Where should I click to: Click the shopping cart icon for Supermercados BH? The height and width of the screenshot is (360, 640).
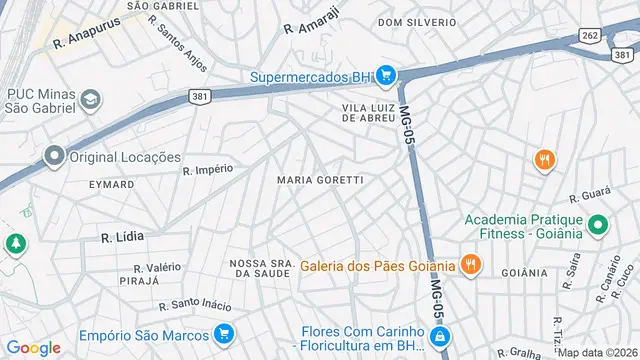pos(387,75)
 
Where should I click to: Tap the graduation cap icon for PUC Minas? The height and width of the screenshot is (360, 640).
pos(91,99)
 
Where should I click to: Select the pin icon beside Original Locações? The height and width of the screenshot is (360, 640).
pos(54,156)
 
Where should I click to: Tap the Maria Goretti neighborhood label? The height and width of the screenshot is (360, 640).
pos(319,180)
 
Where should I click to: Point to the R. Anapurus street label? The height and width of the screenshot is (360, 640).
pos(86,43)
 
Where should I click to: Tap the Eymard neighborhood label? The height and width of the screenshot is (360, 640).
pos(111,185)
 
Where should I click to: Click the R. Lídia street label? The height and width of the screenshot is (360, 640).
pos(122,237)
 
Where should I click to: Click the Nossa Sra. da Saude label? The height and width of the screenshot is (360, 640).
pos(262,268)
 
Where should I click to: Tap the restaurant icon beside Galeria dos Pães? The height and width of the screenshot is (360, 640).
pos(470,265)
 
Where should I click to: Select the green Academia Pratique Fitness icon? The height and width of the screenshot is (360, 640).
pos(598,226)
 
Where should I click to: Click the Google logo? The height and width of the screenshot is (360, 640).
pos(34,348)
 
